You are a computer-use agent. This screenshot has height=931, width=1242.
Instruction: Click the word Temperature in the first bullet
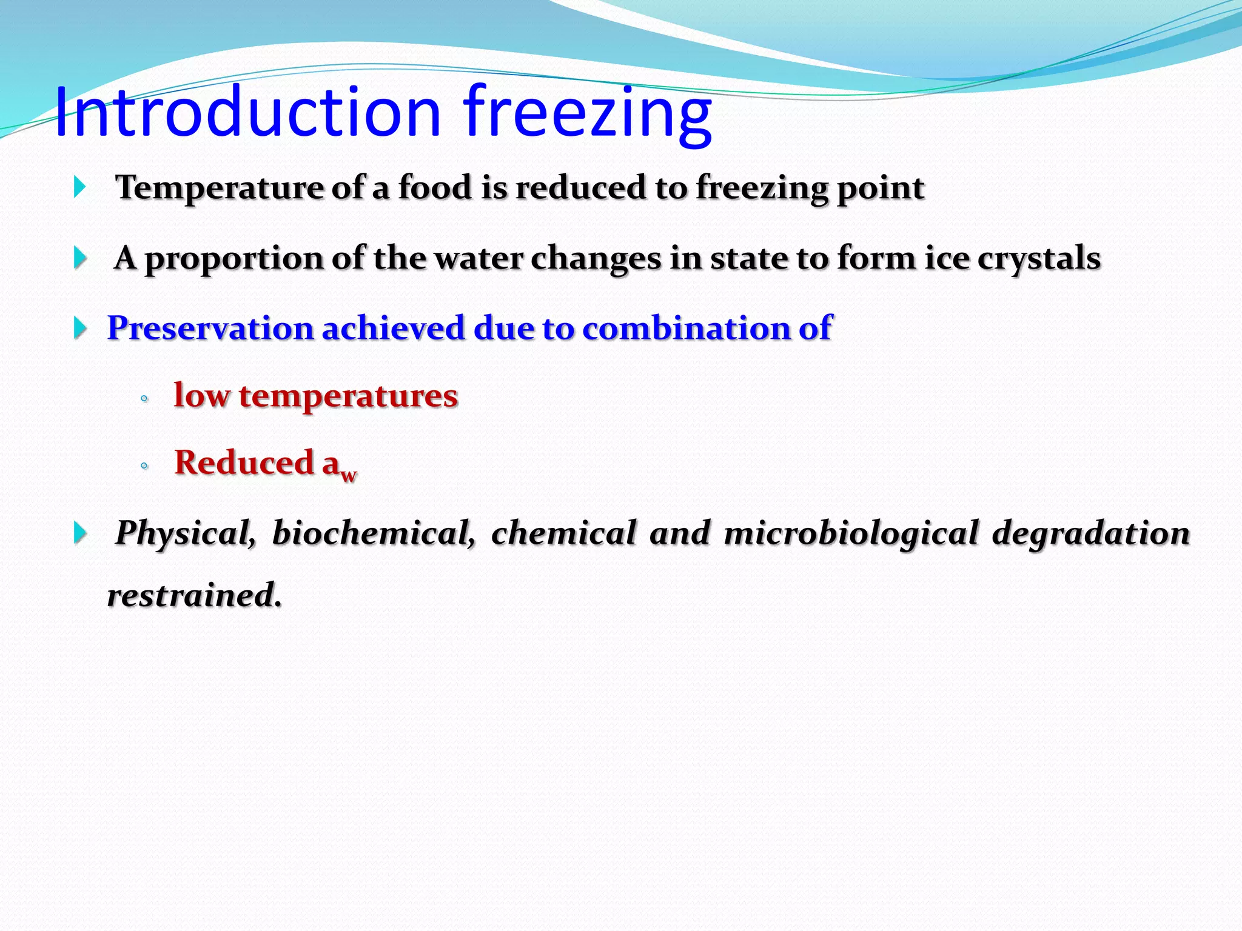coord(218,188)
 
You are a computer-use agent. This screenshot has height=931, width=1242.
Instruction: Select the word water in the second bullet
coord(478,258)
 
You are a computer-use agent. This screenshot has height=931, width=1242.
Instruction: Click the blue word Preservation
coord(210,329)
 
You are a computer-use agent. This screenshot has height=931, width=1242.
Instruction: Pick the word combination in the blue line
coord(686,329)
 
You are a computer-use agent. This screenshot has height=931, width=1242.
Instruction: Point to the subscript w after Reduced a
coord(348,475)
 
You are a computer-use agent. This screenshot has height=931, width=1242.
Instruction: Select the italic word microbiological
coord(851,533)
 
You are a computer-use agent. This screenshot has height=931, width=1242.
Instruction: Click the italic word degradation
coord(1090,533)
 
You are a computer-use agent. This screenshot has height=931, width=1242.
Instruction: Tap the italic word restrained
coord(194,595)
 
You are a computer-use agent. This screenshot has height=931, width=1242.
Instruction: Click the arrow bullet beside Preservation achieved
coord(80,328)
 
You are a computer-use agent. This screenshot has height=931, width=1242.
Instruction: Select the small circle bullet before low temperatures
coord(144,399)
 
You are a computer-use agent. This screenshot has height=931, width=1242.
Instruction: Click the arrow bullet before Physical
coord(80,533)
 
